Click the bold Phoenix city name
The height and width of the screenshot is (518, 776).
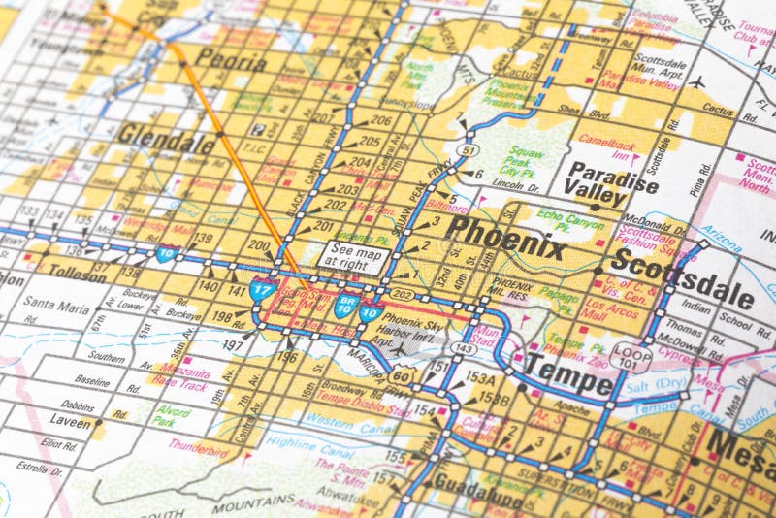pos(506,236)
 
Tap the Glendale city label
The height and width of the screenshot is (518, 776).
pos(166,140)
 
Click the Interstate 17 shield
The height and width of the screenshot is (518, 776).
pos(263,287)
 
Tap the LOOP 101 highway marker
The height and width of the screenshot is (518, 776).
pos(631,355)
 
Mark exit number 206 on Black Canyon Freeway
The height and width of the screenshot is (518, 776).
pos(380,121)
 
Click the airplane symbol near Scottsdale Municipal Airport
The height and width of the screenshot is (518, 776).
pos(695,81)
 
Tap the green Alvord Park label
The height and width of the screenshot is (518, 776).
pos(171,415)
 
